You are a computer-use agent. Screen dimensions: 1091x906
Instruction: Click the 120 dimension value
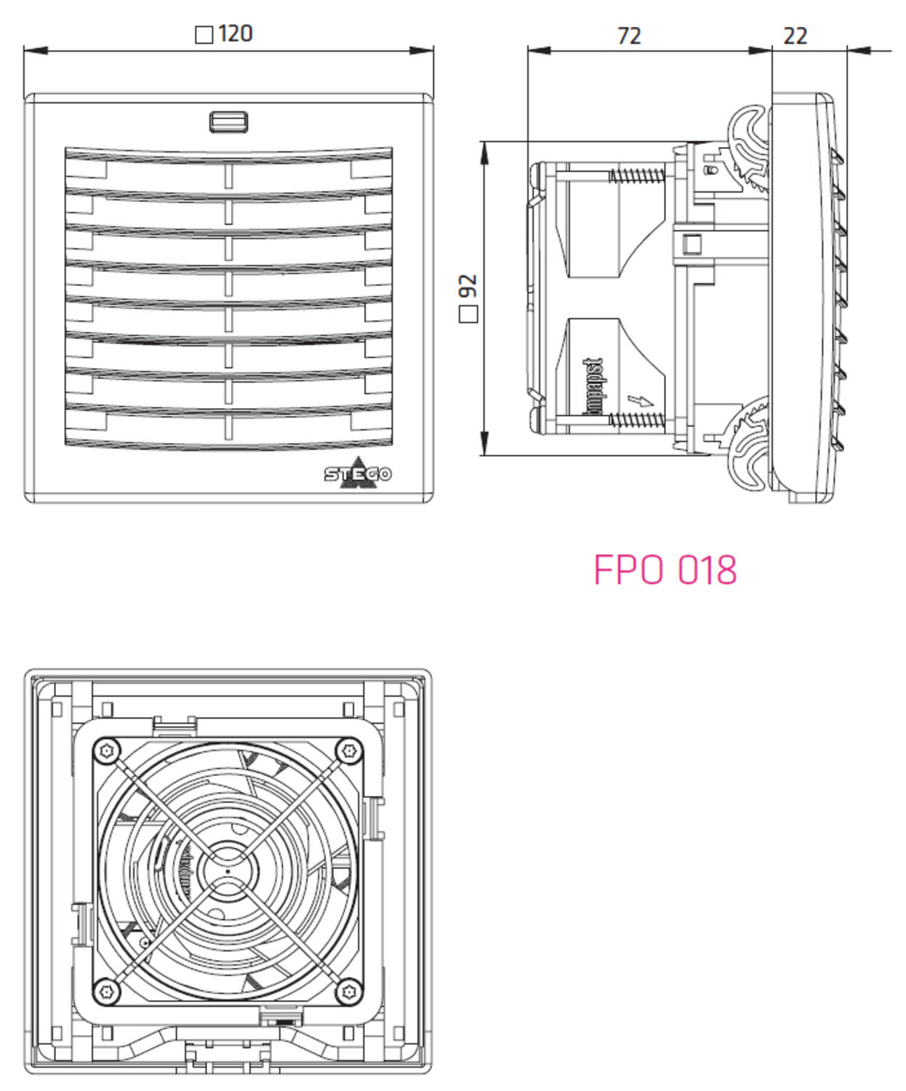(x=235, y=33)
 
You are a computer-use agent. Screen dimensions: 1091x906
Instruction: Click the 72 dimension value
(x=629, y=36)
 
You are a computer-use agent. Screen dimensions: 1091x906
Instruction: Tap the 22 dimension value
(x=795, y=36)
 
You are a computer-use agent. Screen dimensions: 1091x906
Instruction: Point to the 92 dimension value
(x=469, y=285)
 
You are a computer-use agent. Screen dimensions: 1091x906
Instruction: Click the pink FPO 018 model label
(x=665, y=570)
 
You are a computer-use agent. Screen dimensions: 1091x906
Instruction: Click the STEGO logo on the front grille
(x=358, y=473)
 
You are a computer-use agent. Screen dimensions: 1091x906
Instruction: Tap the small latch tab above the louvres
(x=228, y=121)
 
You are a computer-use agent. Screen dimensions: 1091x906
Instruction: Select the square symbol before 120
(x=204, y=35)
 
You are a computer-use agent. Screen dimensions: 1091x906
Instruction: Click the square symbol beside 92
(x=469, y=314)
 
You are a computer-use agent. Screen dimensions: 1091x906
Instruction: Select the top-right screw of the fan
(x=349, y=750)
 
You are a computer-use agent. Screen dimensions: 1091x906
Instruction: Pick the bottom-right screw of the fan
(x=349, y=991)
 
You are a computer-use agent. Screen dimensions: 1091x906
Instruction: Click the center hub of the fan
(x=228, y=870)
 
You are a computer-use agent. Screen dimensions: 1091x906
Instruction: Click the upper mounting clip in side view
(x=749, y=149)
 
